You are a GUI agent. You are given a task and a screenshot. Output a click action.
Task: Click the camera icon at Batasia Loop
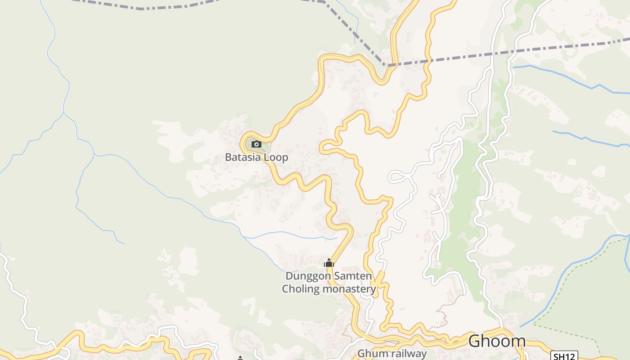pyautogui.click(x=256, y=144)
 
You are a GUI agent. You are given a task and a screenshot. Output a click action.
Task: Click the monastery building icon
pyautogui.click(x=329, y=263)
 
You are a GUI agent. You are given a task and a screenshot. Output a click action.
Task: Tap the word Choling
pyautogui.click(x=301, y=288)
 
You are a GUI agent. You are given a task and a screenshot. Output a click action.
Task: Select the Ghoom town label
pyautogui.click(x=496, y=341)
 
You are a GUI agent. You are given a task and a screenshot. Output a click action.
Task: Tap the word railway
pyautogui.click(x=406, y=354)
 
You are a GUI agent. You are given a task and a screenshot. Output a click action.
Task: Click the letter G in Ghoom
pyautogui.click(x=475, y=341)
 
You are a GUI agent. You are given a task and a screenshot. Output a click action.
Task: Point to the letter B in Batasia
pyautogui.click(x=228, y=157)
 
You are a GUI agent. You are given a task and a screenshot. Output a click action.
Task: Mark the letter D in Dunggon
pyautogui.click(x=289, y=276)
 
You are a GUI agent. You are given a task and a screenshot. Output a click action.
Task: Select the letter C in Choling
pyautogui.click(x=285, y=288)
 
